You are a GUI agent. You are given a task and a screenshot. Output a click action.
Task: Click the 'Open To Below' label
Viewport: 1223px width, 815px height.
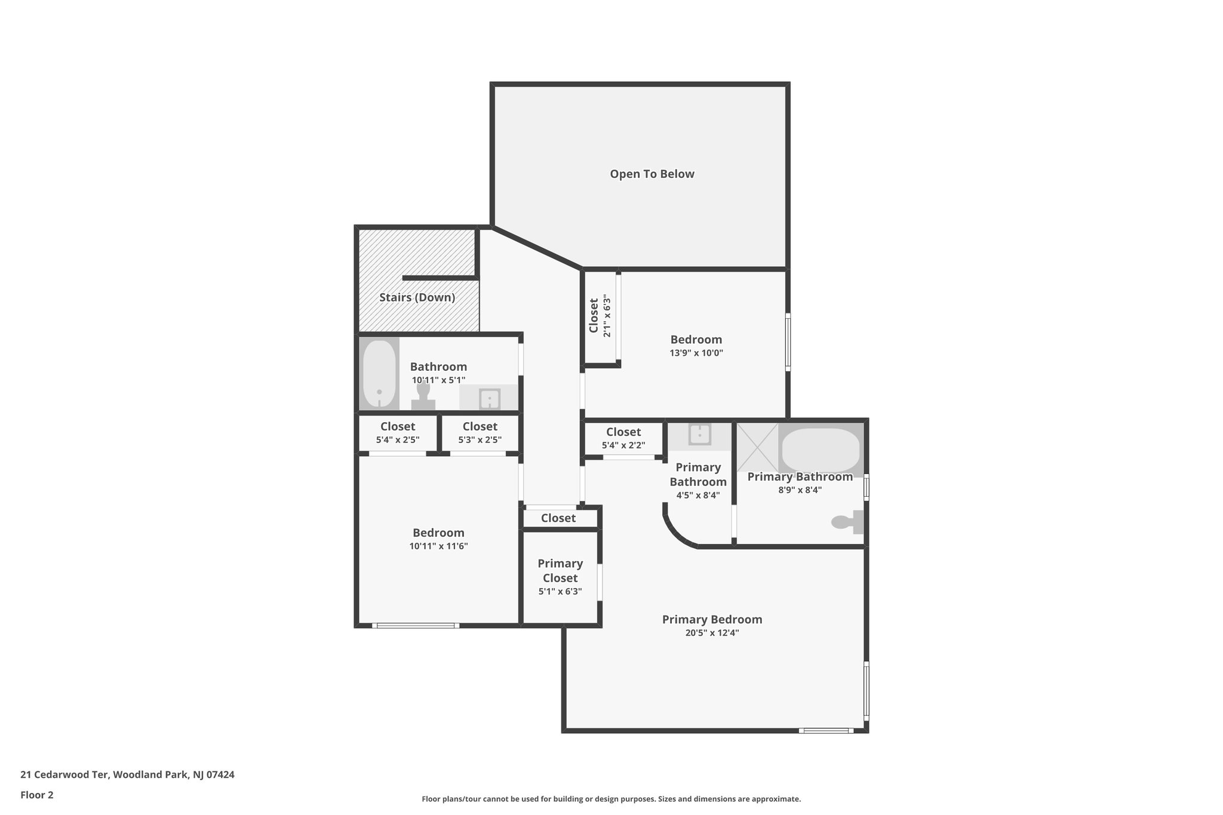point(652,174)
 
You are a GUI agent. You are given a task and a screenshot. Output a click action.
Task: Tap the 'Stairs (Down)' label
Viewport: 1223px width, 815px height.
point(417,297)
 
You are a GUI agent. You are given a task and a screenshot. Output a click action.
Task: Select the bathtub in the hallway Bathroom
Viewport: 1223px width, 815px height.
point(379,374)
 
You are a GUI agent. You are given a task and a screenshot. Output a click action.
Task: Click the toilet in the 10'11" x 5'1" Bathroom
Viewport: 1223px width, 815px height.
point(423,396)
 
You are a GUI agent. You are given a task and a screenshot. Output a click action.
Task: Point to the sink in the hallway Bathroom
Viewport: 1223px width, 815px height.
point(490,398)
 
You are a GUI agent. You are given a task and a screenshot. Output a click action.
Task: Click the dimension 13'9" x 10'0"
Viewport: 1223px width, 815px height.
point(696,353)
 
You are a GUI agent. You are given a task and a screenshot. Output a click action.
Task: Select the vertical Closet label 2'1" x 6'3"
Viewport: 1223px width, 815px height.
point(594,316)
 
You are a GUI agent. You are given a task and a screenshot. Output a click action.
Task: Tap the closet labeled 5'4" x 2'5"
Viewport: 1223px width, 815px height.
point(397,440)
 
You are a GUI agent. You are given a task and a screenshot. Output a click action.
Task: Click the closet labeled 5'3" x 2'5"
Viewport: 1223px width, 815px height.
point(480,440)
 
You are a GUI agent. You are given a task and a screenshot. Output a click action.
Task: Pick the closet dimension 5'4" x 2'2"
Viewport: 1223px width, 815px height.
point(623,445)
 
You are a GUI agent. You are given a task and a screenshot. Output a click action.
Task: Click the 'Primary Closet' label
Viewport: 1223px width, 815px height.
point(560,571)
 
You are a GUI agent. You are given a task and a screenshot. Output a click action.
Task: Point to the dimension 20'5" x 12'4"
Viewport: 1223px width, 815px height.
point(712,633)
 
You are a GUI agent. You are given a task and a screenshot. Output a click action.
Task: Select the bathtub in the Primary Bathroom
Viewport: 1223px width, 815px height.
point(821,450)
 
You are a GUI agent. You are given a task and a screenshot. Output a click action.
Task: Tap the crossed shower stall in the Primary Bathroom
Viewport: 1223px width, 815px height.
point(757,447)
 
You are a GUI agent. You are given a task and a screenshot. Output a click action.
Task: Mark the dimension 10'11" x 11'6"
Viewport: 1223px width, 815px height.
point(438,546)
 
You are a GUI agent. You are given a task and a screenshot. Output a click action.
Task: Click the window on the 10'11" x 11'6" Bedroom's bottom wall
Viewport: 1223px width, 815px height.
point(416,625)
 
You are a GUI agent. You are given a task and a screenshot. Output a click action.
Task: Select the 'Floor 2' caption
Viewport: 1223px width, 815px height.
point(37,795)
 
